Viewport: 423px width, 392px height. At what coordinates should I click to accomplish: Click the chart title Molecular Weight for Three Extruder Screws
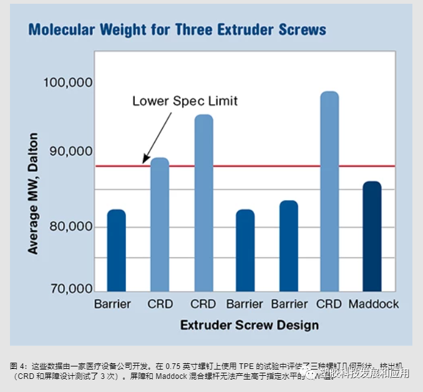click(177, 29)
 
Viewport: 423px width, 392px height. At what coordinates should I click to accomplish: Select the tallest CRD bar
click(329, 191)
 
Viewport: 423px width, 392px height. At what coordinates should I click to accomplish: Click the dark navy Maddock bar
click(372, 236)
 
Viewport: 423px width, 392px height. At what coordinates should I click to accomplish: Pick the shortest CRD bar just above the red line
click(160, 224)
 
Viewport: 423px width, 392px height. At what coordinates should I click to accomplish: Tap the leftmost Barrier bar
click(117, 250)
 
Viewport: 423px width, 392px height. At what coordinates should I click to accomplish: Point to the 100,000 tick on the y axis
click(66, 83)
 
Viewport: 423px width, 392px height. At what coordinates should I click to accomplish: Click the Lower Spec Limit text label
click(185, 100)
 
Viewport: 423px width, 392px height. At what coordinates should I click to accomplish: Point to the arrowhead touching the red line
click(145, 161)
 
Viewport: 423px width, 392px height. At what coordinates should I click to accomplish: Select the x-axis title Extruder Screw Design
click(249, 325)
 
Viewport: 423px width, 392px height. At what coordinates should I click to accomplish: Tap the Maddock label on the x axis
click(373, 304)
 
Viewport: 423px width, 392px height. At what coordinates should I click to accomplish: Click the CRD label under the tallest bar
click(329, 304)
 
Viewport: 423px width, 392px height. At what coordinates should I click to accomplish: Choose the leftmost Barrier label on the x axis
click(113, 304)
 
